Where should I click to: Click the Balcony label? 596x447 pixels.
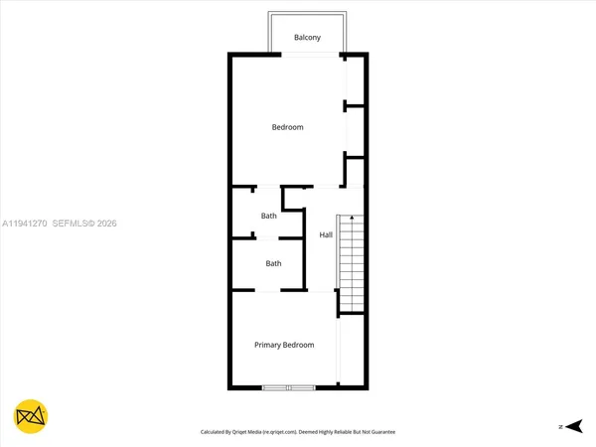(307, 38)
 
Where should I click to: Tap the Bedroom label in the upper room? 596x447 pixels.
(288, 127)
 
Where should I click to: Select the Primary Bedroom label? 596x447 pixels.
(284, 345)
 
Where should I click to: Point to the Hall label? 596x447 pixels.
(325, 235)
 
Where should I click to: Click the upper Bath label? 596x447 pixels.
(268, 216)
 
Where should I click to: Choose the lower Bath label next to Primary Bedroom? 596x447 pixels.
(273, 263)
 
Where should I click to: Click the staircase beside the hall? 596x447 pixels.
(352, 263)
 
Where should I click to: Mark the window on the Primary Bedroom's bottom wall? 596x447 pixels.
(288, 386)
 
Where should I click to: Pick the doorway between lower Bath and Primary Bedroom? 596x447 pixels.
(269, 290)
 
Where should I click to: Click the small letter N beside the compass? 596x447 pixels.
(560, 426)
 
